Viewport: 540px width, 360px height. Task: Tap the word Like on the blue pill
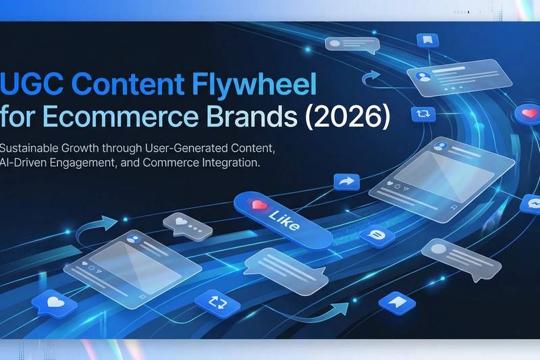click(283, 220)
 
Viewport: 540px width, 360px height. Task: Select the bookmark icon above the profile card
click(427, 40)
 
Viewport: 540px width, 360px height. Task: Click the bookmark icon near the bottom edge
click(398, 304)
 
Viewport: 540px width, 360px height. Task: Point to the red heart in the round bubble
click(528, 114)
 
